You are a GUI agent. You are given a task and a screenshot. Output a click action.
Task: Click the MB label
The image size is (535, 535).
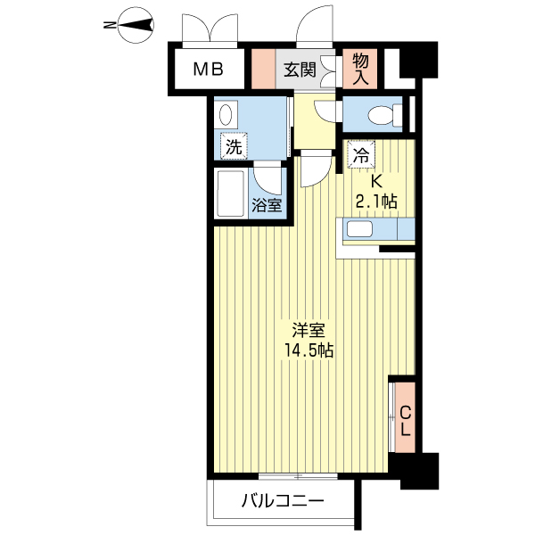pos(208,70)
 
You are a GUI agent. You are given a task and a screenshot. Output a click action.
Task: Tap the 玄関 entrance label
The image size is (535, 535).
pos(300,70)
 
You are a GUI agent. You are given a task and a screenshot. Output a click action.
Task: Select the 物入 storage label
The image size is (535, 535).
pos(360,70)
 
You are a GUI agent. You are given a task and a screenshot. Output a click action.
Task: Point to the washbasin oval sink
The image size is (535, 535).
pos(226,114)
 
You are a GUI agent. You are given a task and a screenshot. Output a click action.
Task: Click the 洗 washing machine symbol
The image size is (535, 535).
pos(234,146)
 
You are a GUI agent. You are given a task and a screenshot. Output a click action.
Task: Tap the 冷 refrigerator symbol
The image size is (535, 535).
pos(361,154)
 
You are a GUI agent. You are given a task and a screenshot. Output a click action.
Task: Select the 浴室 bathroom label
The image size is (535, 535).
pos(267,205)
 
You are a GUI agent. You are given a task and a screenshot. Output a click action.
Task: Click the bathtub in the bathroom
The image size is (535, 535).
pos(231,193)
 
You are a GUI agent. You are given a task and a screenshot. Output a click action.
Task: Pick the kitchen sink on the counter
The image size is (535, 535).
pos(360,228)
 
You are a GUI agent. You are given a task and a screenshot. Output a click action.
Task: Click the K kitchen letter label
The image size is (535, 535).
pos(376,182)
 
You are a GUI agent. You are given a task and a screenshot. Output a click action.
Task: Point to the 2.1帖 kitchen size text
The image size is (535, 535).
pos(376,202)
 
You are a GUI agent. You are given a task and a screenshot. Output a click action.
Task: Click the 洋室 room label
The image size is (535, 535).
pos(309,330)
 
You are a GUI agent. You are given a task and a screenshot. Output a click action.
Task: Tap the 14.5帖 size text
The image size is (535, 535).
pos(309,350)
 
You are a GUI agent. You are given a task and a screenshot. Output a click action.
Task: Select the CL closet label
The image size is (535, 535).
pos(405,421)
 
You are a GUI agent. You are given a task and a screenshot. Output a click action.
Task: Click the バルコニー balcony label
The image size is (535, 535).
pos(283,501)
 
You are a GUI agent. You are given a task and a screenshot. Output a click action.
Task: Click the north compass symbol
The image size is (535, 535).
pos(136,25)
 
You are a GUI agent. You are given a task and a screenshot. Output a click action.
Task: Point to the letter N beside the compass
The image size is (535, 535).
pos(109,25)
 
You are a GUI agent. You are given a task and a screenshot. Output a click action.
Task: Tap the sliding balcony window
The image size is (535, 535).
pos(298,476)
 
